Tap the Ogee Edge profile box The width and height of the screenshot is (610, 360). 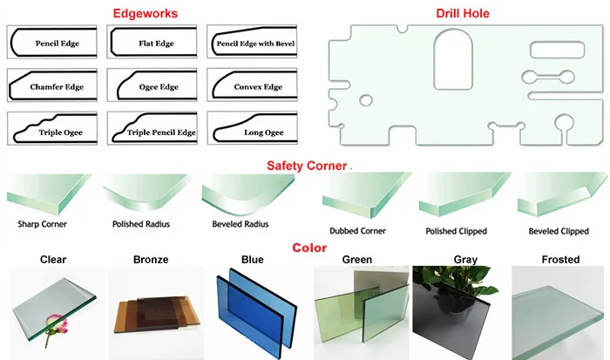click(155, 86)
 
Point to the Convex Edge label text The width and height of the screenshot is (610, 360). click(259, 87)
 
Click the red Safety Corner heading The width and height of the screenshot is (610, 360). click(306, 165)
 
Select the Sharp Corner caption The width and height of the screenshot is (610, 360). click(42, 224)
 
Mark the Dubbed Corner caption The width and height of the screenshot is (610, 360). click(357, 231)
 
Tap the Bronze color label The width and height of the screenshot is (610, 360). click(152, 260)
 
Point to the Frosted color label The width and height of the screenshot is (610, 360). click(560, 260)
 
